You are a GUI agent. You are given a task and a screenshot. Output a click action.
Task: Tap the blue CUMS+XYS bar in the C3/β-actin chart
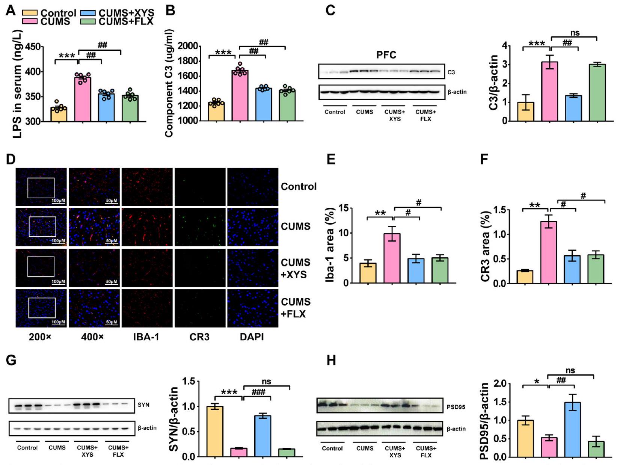[573, 109]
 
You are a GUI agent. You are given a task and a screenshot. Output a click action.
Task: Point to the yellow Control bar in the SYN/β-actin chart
[215, 432]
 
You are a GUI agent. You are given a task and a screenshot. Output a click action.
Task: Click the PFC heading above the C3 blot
[386, 55]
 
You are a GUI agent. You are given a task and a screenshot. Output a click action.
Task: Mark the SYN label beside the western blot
[143, 405]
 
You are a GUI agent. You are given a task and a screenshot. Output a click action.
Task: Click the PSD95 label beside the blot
[456, 407]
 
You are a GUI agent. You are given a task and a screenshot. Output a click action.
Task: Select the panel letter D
[11, 159]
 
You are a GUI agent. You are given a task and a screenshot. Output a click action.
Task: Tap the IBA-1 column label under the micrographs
[146, 337]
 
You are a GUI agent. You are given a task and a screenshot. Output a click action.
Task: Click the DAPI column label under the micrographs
[252, 337]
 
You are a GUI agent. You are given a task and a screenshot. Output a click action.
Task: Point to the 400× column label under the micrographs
[92, 337]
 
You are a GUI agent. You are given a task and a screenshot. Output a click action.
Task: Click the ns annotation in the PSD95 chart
[570, 371]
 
